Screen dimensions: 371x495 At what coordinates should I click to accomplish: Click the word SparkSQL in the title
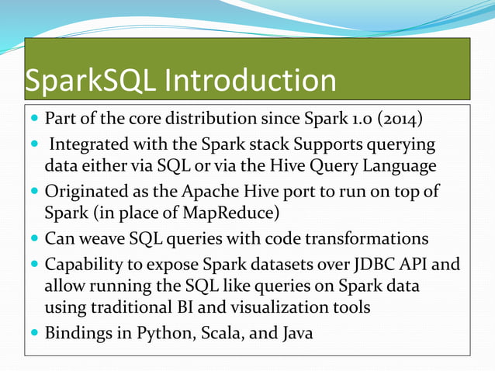[81, 81]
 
